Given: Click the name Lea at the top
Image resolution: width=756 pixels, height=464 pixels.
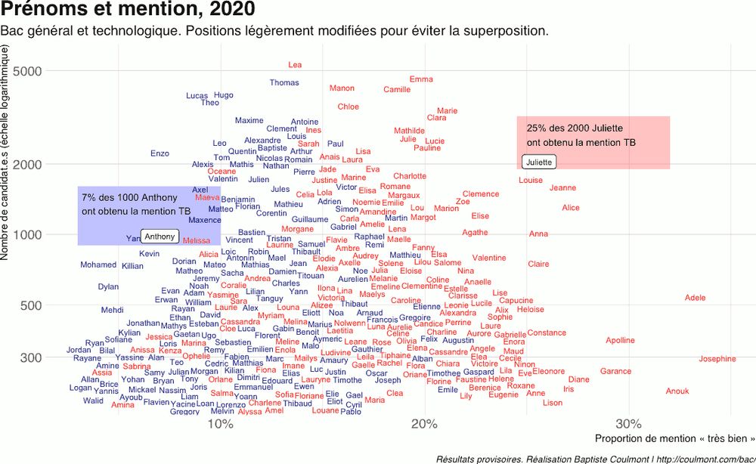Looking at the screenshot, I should click(x=295, y=65).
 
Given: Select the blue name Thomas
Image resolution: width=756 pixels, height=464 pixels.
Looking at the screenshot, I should click(x=284, y=83).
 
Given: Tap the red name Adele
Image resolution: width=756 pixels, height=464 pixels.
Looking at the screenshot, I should click(x=695, y=298).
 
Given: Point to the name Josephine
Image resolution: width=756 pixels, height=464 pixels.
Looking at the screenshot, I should click(x=717, y=359).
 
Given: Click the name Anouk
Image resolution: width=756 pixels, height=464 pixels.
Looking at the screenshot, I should click(x=677, y=391).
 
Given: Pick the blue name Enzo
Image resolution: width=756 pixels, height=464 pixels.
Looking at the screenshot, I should click(x=160, y=153).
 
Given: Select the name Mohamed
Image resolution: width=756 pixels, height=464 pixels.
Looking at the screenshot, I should click(x=98, y=265).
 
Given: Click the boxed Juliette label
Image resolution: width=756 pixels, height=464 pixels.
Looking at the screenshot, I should click(x=539, y=162).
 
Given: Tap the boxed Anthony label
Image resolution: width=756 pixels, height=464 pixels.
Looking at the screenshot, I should click(x=160, y=237).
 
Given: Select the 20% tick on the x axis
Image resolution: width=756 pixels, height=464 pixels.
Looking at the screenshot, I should click(x=424, y=423).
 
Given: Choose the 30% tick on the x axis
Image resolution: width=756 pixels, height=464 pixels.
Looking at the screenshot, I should click(x=628, y=423).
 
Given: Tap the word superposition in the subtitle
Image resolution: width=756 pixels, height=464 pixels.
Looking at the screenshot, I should click(x=497, y=32).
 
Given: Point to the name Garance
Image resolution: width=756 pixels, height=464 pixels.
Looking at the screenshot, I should click(x=615, y=372).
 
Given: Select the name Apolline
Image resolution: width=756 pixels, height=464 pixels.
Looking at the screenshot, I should click(x=620, y=341).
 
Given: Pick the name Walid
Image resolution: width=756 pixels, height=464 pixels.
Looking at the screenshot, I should click(x=93, y=401).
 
